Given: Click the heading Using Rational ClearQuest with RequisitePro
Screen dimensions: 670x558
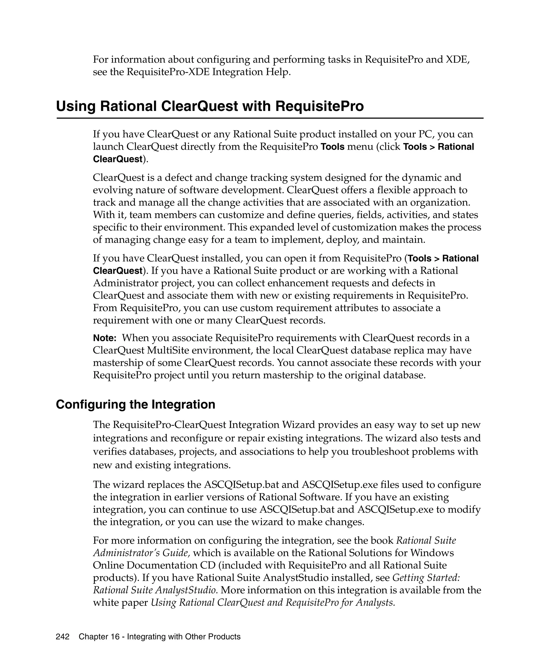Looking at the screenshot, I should [210, 106].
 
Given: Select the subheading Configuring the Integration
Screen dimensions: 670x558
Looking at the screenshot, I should [135, 405].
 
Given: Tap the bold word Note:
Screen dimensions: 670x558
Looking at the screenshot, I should [105, 338].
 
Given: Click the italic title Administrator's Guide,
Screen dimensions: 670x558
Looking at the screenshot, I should [142, 553].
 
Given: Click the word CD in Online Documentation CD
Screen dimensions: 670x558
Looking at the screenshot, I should [208, 565].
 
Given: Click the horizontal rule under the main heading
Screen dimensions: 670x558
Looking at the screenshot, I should [270, 118].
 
